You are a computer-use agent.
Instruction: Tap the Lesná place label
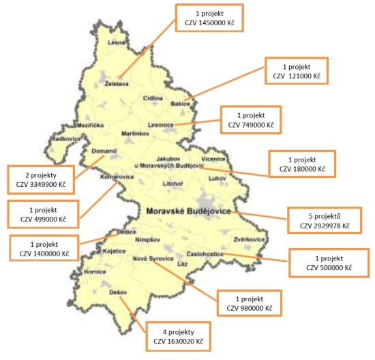coord(117,42)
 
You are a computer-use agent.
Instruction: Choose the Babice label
coord(180,104)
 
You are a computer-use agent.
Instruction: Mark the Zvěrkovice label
coord(248,240)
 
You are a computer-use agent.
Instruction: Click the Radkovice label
coord(65,139)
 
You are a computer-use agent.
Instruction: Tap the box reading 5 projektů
coord(320,219)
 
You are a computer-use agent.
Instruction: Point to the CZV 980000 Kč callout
coord(249,303)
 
